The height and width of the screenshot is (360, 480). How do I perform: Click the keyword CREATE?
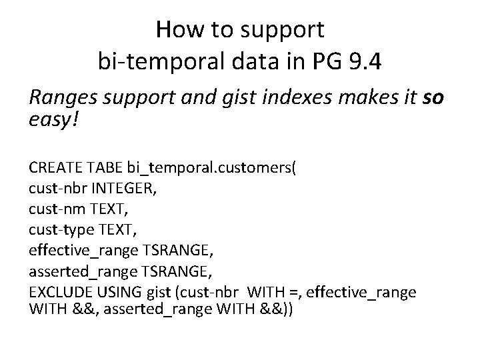(53, 166)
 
